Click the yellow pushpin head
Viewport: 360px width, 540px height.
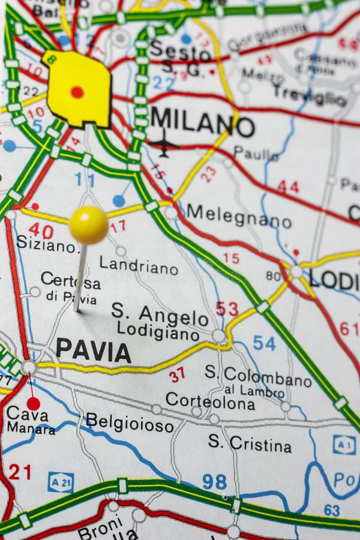coord(88,225)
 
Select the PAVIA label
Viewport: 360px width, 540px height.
coord(93,351)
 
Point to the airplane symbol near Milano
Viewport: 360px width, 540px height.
coord(163,144)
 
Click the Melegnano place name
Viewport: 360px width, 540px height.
coord(238,216)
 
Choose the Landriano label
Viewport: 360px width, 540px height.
coord(138,265)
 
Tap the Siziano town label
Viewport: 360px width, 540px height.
coord(46,244)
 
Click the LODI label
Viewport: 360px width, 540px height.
coord(334,280)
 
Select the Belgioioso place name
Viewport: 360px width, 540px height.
coord(129,422)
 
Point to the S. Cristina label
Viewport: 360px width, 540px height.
coord(250,443)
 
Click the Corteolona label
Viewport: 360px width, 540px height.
coord(210,401)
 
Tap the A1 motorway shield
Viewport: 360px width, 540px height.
coord(344,445)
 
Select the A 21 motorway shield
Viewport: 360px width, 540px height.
coord(61,481)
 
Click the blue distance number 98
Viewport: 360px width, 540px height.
coord(214,481)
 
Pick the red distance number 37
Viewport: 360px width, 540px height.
coord(176,375)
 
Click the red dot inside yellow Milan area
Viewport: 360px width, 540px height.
coord(77,92)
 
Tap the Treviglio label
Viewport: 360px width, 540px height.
coord(309,95)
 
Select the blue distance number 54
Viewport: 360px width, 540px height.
coord(264,343)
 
